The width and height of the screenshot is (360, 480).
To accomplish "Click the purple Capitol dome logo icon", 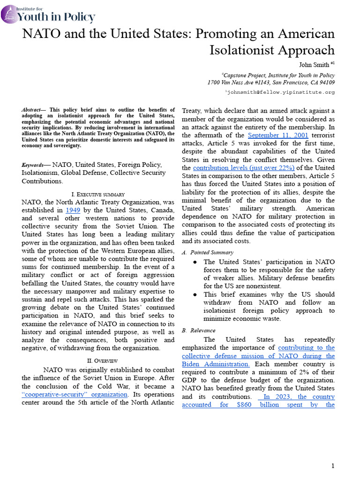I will (9, 15).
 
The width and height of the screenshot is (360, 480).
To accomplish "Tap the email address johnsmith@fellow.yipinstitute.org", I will (281, 92).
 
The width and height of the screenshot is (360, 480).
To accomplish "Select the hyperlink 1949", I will (74, 210).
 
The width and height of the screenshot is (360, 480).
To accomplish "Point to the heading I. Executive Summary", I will (98, 194).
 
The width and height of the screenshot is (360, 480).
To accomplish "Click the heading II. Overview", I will (98, 360).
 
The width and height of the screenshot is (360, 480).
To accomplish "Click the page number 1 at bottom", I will (333, 465).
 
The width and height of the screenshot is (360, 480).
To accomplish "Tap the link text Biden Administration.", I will (215, 364).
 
